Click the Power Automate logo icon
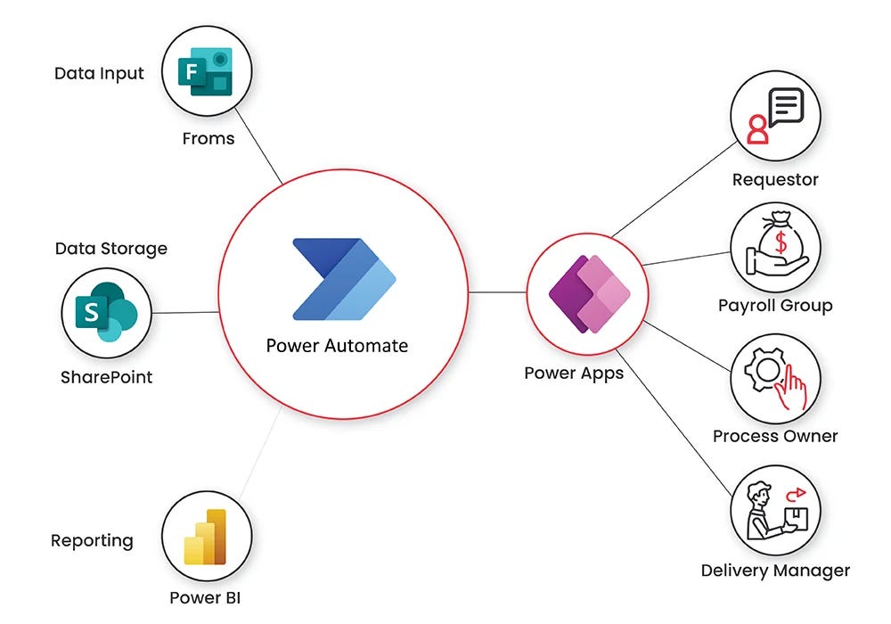pos(343,279)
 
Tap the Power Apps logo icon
pos(587,293)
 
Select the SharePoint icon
pos(106,313)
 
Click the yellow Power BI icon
pos(207,537)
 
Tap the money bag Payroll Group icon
pos(775,244)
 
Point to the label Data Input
pos(99,74)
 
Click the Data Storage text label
pos(110,248)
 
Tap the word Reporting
pos(92,540)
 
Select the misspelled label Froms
pos(208,139)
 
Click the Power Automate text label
pos(337,346)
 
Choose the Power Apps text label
pos(574,373)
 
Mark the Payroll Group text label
pos(775,306)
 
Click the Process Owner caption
pos(775,437)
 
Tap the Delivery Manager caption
pos(775,571)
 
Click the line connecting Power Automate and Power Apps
pos(496,292)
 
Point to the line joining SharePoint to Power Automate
pos(184,312)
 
